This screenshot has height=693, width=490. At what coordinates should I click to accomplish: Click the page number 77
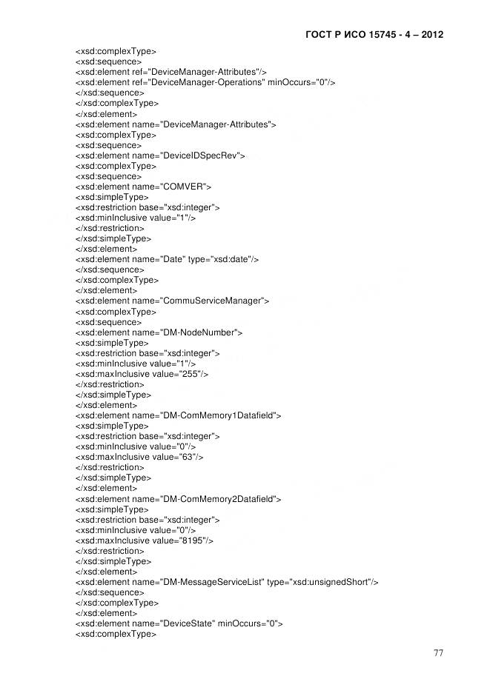[x=438, y=652]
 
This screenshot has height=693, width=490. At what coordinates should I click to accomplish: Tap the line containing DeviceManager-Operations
[x=205, y=83]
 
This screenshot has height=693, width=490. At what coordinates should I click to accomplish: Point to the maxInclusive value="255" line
[x=142, y=375]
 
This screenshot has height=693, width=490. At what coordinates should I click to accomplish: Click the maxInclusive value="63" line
[x=139, y=458]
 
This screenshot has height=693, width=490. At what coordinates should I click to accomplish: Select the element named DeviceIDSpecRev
[x=160, y=156]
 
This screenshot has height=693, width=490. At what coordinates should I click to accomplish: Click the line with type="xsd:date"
[x=167, y=260]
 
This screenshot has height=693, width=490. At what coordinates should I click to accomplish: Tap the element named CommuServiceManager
[x=172, y=301]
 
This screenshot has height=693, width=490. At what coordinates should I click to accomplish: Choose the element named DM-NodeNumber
[x=159, y=332]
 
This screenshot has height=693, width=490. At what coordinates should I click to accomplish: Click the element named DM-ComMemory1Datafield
[x=178, y=416]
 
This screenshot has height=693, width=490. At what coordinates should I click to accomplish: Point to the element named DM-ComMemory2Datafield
[x=178, y=499]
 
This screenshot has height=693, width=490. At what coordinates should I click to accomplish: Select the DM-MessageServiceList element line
[x=227, y=583]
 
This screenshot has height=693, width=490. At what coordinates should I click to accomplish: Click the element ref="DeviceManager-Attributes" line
[x=171, y=72]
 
